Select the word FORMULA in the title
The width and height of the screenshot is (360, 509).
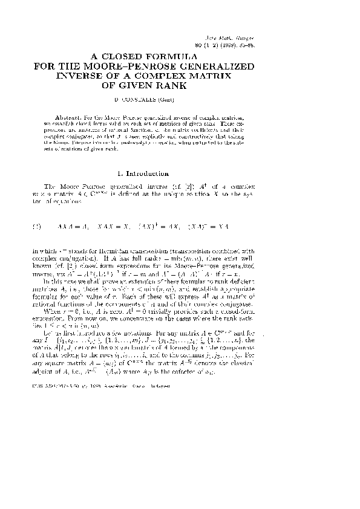[x=205, y=55]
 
